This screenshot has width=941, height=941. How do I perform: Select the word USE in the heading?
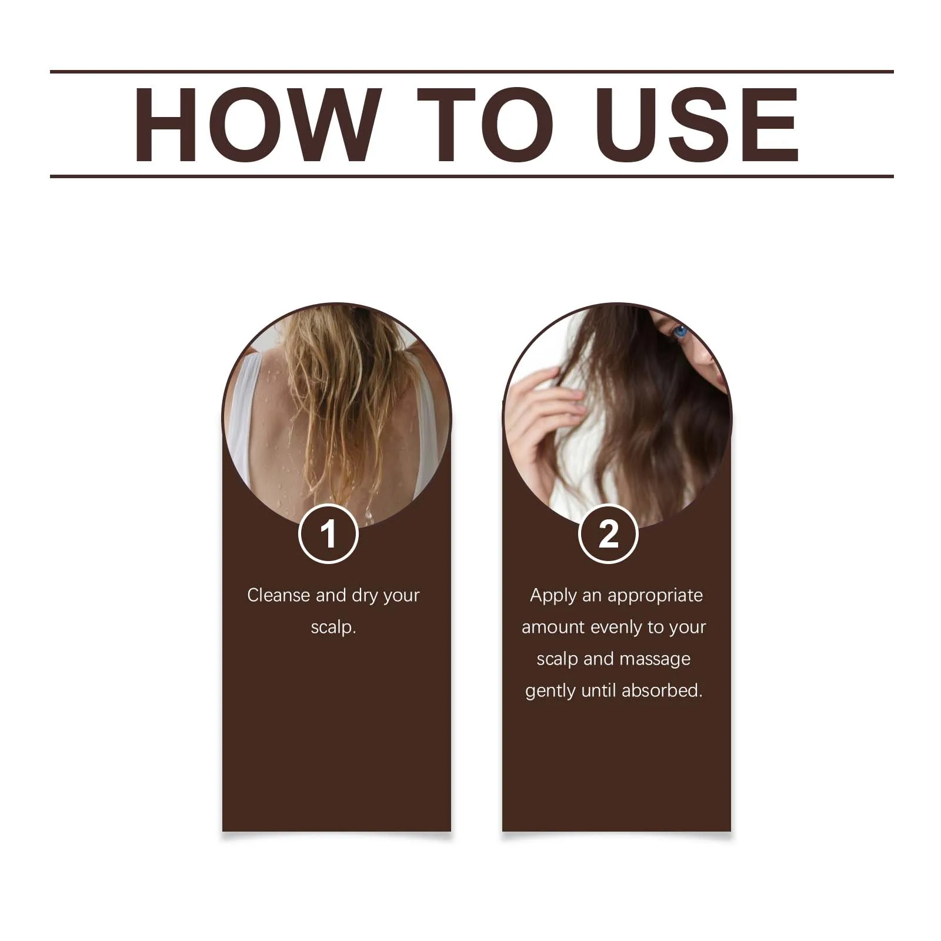coord(698,125)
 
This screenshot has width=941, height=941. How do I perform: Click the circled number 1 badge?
coord(328,534)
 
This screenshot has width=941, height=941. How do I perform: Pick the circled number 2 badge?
coord(608,534)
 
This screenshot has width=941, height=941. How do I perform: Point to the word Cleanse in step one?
coord(279,595)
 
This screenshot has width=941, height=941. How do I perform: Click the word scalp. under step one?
coord(333,627)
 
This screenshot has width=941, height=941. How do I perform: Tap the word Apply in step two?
coord(553,595)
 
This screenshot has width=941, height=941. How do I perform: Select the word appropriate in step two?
coord(655,596)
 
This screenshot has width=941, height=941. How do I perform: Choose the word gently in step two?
coord(550,691)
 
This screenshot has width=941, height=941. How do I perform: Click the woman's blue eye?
coord(681,332)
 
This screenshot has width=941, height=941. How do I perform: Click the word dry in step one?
coord(365,596)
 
